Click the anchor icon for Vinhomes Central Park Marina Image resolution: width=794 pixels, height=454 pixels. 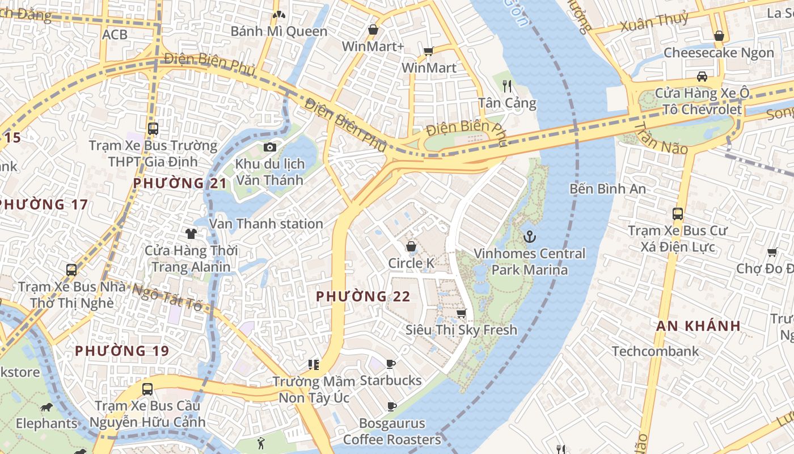tap(529, 236)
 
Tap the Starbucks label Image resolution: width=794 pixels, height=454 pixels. tap(391, 380)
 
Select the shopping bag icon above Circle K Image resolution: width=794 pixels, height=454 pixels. tap(411, 246)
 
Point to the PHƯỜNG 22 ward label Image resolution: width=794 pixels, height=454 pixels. tap(363, 296)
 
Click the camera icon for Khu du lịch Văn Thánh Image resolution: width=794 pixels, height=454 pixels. tap(270, 148)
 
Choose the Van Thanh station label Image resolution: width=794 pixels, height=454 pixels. tap(266, 224)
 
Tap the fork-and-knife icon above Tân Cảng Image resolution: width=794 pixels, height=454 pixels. tap(507, 86)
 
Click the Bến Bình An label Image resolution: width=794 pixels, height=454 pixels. tap(607, 188)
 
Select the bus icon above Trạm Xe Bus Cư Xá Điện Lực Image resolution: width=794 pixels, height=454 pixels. tap(677, 214)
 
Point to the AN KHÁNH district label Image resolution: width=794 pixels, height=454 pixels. tap(699, 326)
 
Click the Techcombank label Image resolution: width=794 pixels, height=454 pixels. tap(655, 351)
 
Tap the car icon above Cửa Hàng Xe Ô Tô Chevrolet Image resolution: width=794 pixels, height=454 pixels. tap(702, 76)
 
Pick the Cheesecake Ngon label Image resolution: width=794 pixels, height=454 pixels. tap(719, 53)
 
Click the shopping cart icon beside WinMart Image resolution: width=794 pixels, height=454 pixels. tap(429, 52)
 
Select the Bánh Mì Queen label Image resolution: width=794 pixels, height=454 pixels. tap(279, 31)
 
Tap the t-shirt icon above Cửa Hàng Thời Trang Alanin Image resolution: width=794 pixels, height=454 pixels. tap(191, 233)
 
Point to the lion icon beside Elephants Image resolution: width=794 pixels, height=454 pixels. tap(47, 407)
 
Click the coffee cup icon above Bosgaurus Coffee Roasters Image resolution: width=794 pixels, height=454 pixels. tap(391, 406)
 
